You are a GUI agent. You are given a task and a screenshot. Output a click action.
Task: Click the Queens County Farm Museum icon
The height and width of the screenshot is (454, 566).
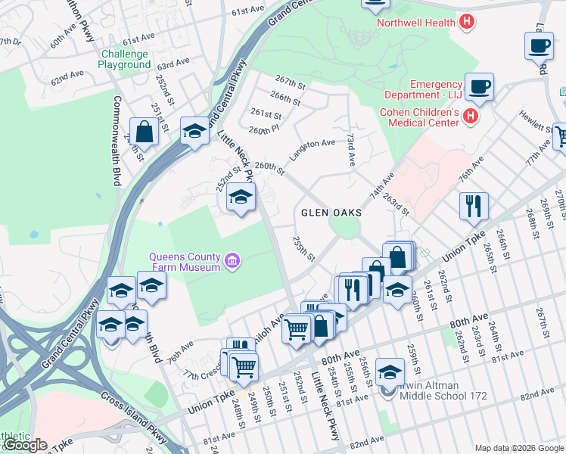coord(232,263)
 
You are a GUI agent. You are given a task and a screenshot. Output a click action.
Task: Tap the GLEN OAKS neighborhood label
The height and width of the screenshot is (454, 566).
coord(331,213)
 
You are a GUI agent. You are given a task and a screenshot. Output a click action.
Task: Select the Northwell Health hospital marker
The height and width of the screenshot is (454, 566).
coord(468,22)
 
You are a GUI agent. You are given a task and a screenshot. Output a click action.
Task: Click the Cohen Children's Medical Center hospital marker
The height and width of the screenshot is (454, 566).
coord(471,116)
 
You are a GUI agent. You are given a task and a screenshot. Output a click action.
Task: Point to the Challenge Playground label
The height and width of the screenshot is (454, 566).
coord(124,59)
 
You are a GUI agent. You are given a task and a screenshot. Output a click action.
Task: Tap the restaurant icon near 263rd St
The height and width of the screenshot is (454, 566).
coord(474,204)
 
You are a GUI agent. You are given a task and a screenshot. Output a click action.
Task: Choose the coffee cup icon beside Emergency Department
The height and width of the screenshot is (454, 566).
coord(479,86)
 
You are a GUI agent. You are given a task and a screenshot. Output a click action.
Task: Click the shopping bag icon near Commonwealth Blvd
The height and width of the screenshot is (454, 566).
coord(144,131)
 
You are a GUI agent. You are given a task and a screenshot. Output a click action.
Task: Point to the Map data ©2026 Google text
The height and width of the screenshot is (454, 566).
coord(519,448)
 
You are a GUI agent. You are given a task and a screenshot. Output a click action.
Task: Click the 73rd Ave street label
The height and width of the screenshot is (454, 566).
coord(351,151)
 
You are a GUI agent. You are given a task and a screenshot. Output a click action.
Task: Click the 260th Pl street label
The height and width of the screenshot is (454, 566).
coord(264,130)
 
